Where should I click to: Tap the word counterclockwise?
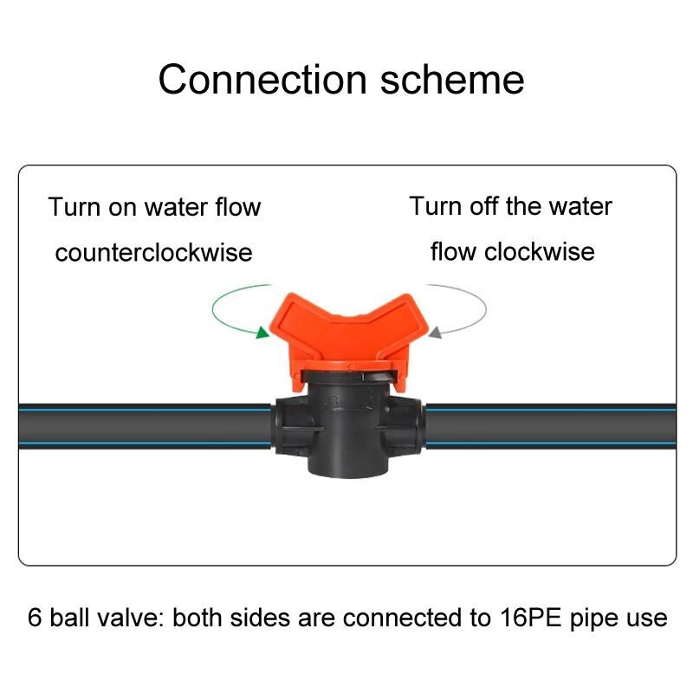(x=153, y=252)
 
